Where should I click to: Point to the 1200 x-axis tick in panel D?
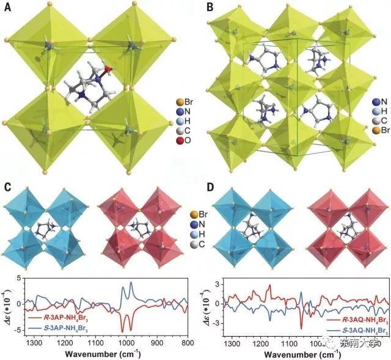point(265,343)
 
